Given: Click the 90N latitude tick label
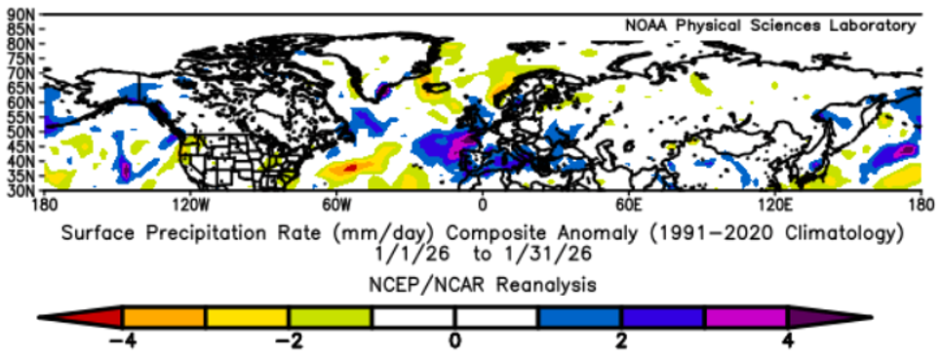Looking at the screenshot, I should coord(20,15).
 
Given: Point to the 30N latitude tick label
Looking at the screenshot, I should coord(20,189).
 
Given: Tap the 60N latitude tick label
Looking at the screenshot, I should coord(20,102).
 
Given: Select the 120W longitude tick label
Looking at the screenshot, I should coord(190,205).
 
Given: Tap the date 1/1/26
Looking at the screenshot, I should coord(390,253).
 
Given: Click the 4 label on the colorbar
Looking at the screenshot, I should coord(787,341).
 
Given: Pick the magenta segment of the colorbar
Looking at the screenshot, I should coord(745,318).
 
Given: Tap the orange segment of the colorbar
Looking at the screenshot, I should coord(164,318).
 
